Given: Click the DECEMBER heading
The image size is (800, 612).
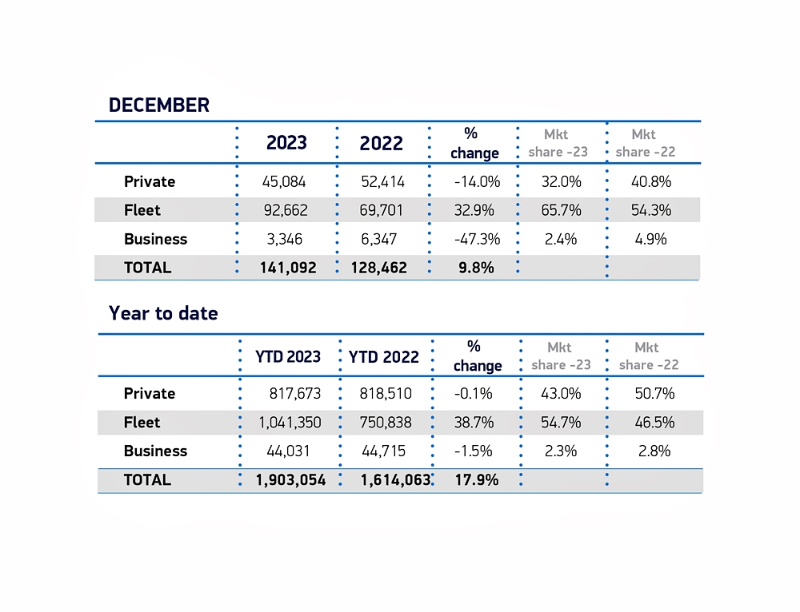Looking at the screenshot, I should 158,105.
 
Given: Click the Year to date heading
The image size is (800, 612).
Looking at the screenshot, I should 163,313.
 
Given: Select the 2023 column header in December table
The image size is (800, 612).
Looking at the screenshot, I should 286,143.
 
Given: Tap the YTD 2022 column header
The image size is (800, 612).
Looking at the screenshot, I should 384,356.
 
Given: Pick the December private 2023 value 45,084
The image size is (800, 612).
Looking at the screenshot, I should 284,181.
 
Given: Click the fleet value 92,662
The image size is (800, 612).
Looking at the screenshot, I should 284,210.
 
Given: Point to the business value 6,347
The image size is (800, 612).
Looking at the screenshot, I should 382,239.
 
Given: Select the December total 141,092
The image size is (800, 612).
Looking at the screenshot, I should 287,268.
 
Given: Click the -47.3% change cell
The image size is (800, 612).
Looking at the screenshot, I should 476,239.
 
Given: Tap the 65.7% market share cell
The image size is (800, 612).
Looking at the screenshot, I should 561,210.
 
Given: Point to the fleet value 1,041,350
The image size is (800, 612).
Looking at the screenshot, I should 289,422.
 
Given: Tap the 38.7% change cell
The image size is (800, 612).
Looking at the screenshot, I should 473,422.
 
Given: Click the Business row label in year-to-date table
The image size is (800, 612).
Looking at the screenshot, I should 155,451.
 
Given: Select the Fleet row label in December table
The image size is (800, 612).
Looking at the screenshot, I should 142,210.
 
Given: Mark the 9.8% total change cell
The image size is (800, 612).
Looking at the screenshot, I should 476,268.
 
